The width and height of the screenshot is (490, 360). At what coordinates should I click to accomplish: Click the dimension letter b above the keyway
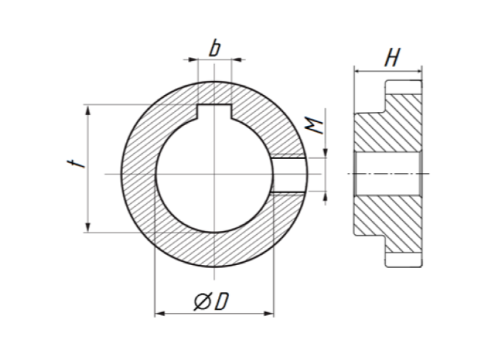click(214, 49)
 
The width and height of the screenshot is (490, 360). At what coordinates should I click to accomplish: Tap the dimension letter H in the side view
click(392, 57)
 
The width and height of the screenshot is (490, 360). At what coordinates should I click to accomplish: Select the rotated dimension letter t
click(76, 163)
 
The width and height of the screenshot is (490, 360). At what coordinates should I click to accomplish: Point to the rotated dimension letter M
click(314, 125)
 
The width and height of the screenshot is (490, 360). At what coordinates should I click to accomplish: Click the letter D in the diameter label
click(223, 302)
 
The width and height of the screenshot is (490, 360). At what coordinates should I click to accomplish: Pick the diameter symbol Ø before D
click(203, 302)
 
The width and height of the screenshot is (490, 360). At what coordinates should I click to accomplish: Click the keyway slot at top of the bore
click(214, 112)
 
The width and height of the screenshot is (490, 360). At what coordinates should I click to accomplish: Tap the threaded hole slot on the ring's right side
click(288, 174)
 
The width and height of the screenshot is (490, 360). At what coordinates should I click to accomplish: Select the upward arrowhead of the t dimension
click(88, 110)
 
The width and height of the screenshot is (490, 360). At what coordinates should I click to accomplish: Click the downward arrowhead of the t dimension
click(88, 227)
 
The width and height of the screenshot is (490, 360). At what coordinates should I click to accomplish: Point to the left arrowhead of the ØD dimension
click(160, 313)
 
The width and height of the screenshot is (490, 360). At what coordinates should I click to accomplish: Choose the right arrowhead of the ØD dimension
click(269, 313)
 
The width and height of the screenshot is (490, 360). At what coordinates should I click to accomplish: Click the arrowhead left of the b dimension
click(194, 60)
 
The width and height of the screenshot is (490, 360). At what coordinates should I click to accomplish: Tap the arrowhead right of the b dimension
click(237, 60)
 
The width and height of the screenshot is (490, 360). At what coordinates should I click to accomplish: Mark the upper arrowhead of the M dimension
click(326, 153)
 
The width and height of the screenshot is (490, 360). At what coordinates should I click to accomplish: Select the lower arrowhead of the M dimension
click(326, 196)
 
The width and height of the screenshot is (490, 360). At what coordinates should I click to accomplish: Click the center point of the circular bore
click(214, 174)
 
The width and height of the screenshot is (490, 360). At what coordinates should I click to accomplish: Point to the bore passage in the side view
click(388, 174)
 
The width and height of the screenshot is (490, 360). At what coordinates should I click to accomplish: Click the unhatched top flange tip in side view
click(404, 87)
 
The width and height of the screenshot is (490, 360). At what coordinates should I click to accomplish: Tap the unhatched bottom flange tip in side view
click(404, 260)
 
